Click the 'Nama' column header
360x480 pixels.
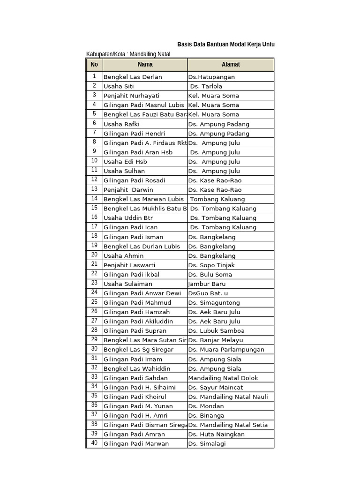pos(145,65)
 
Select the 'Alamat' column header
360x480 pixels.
pos(231,65)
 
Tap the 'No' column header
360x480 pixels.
pos(94,65)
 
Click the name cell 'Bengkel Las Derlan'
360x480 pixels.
pos(133,77)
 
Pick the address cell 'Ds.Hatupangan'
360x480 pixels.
pos(211,77)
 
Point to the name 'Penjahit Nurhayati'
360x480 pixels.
pos(131,96)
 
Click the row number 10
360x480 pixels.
pos(94,161)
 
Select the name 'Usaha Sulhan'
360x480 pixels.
pos(124,171)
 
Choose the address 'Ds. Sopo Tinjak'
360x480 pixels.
pos(211,265)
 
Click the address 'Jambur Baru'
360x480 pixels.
pos(207,284)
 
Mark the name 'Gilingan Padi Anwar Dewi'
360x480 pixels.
pos(142,293)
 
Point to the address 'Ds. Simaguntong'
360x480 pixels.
pos(214,303)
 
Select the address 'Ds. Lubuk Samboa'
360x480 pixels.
pos(216,331)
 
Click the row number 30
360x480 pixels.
pos(94,349)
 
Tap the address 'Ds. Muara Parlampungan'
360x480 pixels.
pos(226,350)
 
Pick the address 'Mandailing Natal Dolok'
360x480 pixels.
pos(223,378)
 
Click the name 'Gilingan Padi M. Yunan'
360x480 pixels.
pos(138,406)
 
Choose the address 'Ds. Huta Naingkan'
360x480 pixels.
pos(216,434)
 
